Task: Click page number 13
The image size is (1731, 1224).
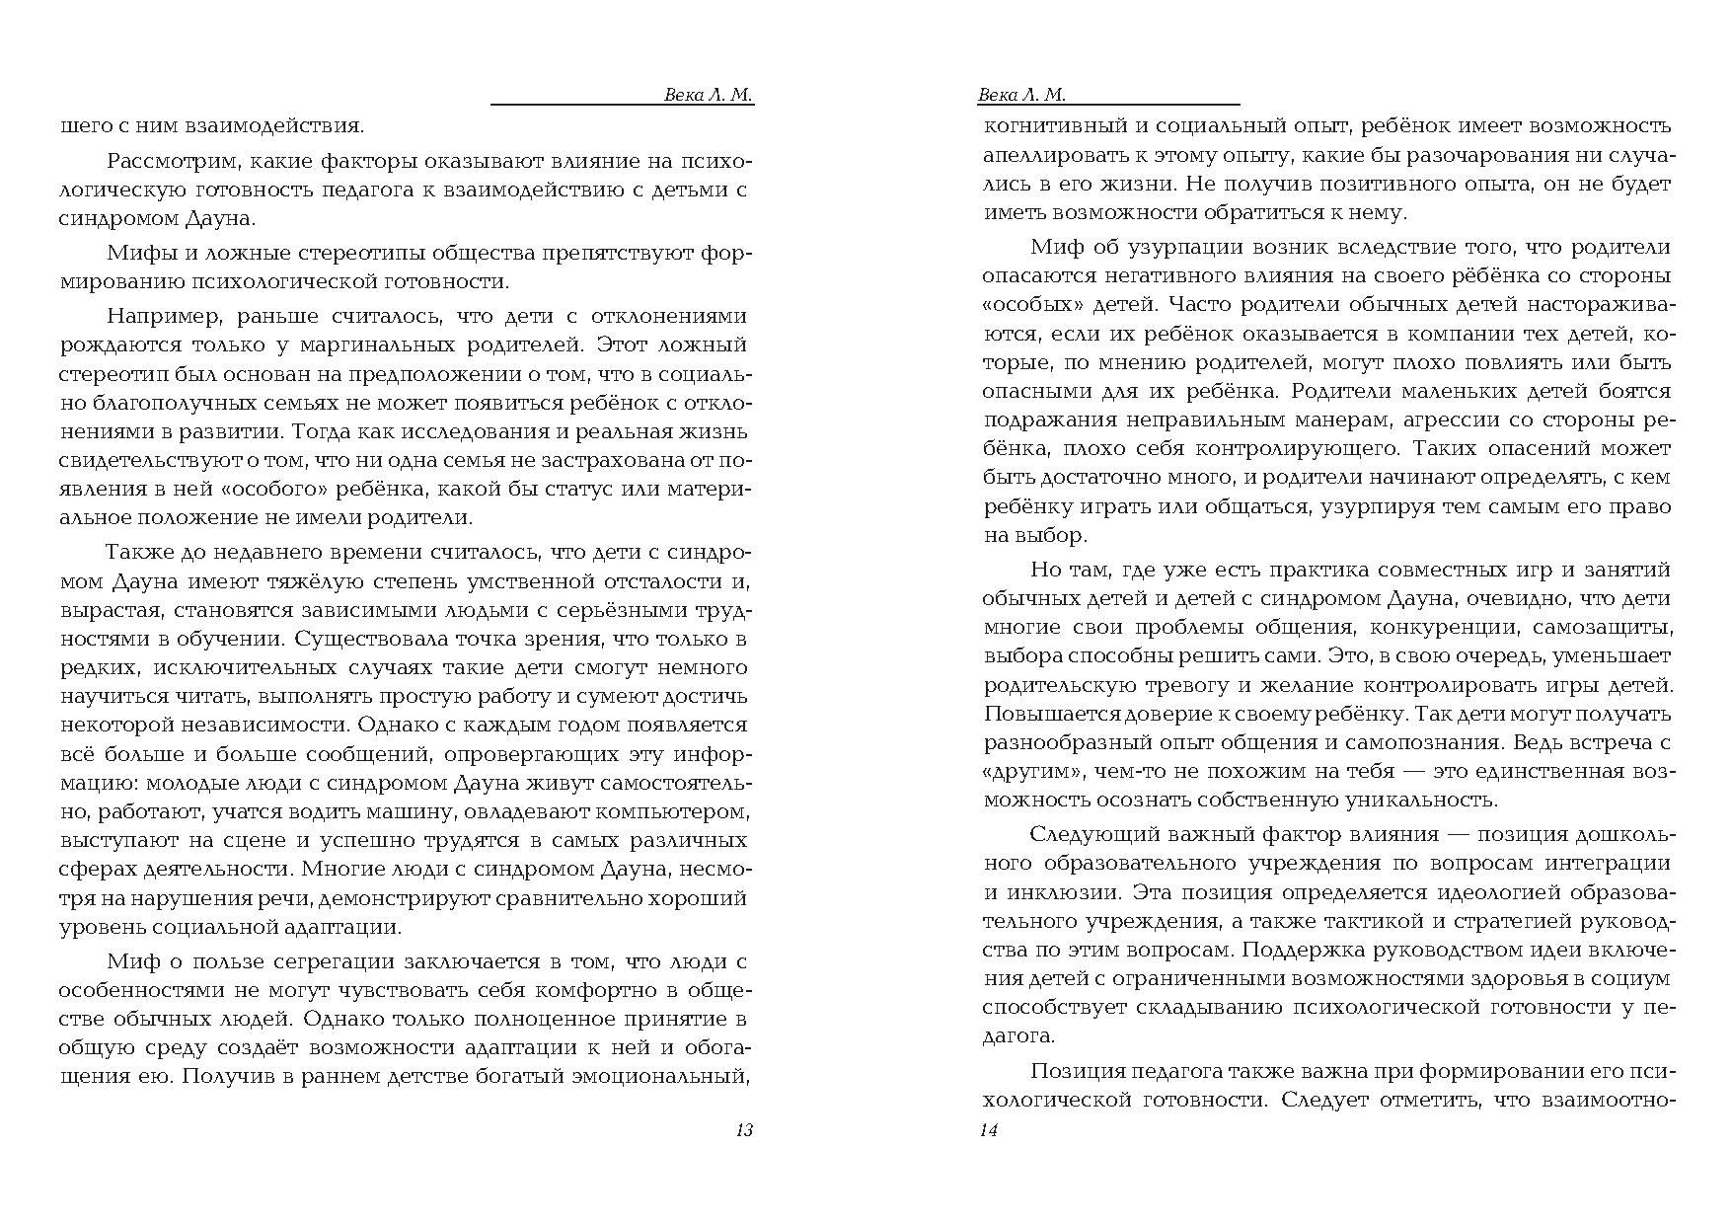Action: pos(744,1131)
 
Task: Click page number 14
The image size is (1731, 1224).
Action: pos(988,1131)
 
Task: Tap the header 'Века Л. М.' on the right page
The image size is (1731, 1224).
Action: pos(1021,96)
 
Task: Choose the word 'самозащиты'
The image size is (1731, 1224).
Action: pos(1606,627)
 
